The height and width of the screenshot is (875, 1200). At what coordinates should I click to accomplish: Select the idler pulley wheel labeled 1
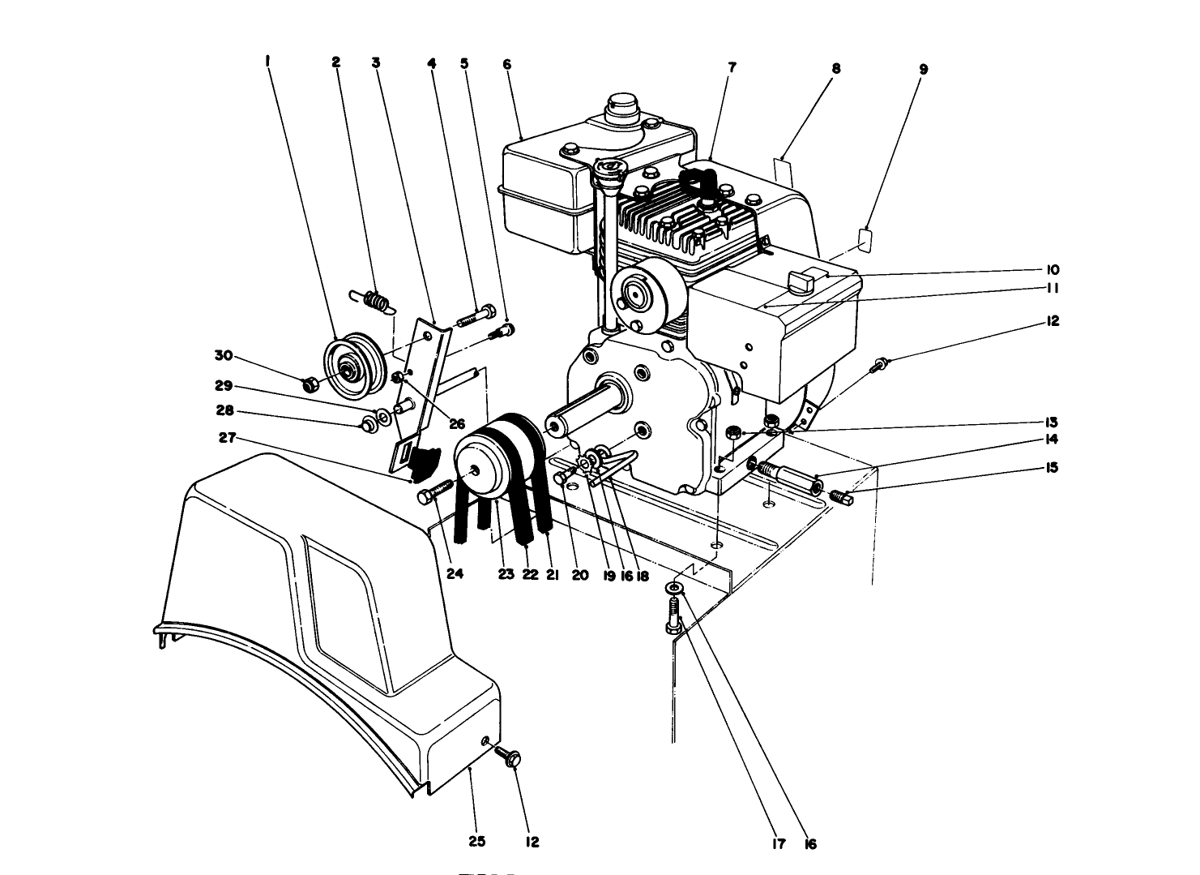click(349, 369)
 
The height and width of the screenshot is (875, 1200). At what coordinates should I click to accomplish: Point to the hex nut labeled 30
click(309, 383)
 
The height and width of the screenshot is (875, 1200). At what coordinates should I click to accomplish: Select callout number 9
click(922, 69)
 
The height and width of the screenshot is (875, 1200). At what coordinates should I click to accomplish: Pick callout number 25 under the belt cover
click(477, 842)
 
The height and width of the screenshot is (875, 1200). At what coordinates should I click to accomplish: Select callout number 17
click(779, 844)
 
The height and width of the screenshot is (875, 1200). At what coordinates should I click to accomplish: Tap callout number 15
click(1053, 468)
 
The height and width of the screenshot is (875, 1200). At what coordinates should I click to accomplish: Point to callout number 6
click(507, 64)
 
